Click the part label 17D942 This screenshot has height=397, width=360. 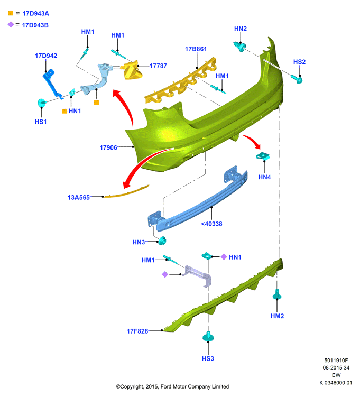tap(46, 56)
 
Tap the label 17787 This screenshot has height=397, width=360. tap(158, 66)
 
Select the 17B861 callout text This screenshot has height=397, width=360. tap(196, 49)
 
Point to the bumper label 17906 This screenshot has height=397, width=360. tap(108, 147)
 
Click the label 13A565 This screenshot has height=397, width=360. tap(78, 198)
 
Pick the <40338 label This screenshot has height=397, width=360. tap(211, 224)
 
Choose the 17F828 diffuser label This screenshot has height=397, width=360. tap(137, 331)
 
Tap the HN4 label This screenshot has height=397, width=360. tap(264, 177)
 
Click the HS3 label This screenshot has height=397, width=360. tap(208, 358)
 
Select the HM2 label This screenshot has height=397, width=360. tap(277, 316)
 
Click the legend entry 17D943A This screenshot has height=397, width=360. tap(36, 14)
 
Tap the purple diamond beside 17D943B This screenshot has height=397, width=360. tap(11, 24)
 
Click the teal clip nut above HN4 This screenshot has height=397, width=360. tap(263, 156)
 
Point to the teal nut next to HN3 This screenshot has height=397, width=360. tap(162, 241)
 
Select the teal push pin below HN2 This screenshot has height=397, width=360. tap(239, 47)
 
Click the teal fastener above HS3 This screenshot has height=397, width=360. tap(208, 336)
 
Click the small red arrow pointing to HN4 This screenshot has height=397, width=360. tap(252, 142)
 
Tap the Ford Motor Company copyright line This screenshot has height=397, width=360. tap(173, 386)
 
